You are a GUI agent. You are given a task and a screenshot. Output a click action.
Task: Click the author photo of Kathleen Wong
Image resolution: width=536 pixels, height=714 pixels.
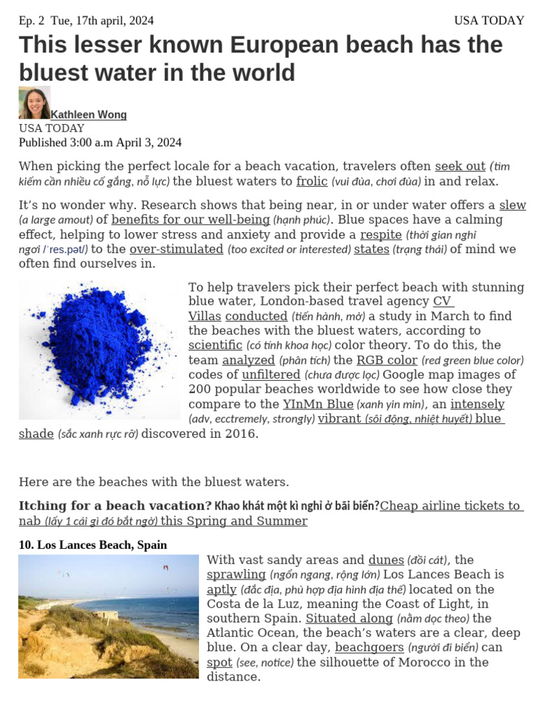coord(34,102)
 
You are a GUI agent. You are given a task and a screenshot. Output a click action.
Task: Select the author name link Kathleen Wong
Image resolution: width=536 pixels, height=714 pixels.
coord(89,114)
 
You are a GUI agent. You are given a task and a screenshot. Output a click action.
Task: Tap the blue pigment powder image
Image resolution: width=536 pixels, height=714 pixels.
coord(99,351)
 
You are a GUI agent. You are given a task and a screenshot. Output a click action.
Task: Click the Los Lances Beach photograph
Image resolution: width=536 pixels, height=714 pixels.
coord(108,616)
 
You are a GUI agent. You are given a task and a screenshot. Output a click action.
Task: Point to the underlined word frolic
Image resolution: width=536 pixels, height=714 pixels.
coord(312,181)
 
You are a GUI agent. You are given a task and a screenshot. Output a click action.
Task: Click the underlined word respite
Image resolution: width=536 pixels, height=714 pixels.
coord(380,234)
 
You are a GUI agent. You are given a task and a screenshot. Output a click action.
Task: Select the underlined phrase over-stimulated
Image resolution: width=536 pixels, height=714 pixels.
coord(177,249)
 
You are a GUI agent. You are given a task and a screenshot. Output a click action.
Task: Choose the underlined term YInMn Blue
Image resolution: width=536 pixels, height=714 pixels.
coord(318,404)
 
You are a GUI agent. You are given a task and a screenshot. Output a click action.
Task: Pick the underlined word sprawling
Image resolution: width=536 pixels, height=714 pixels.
coord(236,575)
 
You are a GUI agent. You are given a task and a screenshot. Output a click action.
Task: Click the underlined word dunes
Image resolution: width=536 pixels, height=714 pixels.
coord(386,559)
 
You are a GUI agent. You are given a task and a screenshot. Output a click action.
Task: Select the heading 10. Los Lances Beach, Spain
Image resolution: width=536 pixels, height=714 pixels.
coord(93,545)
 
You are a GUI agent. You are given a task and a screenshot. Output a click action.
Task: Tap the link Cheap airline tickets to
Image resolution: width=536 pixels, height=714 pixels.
coord(451,506)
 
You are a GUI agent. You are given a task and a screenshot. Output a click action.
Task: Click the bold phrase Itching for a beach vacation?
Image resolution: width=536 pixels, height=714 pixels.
coord(115,506)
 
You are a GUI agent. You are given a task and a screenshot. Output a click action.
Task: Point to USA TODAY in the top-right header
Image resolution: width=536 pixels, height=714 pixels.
coord(489,21)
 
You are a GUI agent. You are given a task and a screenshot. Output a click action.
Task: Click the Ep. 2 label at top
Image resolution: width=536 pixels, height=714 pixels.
coord(31,21)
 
